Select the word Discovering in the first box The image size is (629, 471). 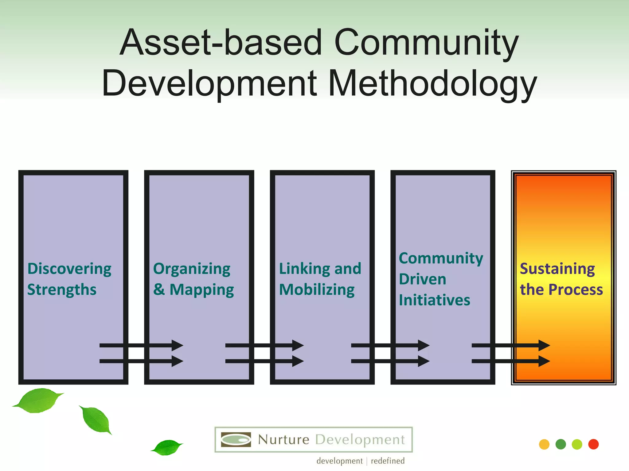point(69,269)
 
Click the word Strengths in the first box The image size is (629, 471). point(62,290)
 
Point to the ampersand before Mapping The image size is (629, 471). point(159,289)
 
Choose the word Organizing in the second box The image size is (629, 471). point(192,269)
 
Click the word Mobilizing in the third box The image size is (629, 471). point(317,290)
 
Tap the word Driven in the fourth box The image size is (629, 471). point(422,279)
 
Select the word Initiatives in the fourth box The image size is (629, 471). point(434,300)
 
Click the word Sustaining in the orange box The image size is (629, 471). point(557,269)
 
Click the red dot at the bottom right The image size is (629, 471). point(593,444)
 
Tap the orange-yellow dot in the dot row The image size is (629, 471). point(544,444)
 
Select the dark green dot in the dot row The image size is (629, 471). point(561,444)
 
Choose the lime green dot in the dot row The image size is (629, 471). point(577,444)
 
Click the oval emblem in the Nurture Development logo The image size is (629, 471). point(236,440)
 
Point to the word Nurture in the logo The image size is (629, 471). point(283,440)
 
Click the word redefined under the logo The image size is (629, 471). point(388,461)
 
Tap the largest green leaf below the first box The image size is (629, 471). point(38,400)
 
